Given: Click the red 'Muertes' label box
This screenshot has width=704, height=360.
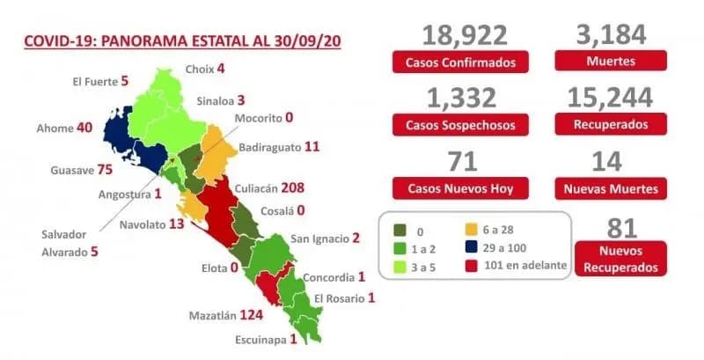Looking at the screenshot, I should [x=611, y=62].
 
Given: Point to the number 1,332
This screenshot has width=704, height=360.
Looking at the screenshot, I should [x=464, y=98].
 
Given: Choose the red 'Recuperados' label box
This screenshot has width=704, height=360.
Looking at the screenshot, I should [x=611, y=126].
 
